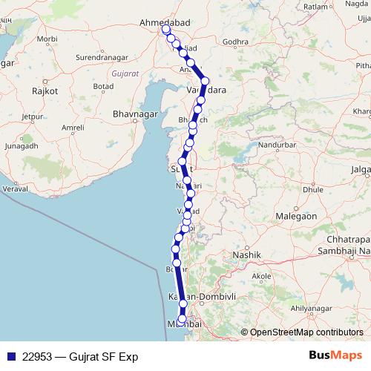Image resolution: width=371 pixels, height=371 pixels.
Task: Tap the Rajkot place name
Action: (45, 91)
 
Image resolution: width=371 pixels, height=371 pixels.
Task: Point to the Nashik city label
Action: (248, 255)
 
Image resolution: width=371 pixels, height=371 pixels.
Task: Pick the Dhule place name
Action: (292, 189)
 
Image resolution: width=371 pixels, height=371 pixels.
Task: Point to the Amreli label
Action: (73, 128)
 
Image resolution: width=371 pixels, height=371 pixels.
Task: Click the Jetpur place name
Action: (33, 116)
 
